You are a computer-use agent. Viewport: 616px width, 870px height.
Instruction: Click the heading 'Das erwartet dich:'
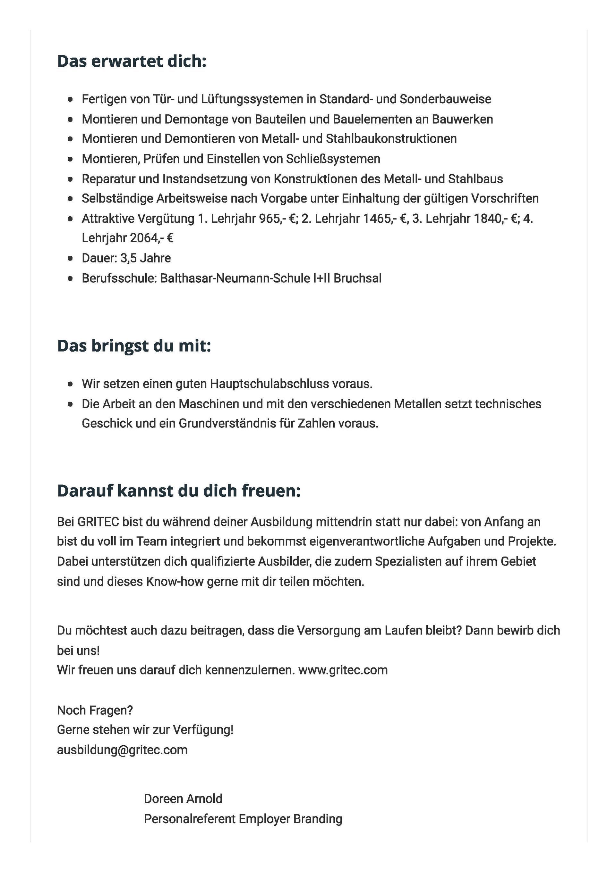(132, 62)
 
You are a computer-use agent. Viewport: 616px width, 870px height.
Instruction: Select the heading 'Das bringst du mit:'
(134, 346)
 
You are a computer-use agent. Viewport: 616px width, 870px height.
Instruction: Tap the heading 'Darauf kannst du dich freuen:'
(179, 491)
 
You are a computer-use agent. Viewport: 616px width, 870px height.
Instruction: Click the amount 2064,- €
(152, 238)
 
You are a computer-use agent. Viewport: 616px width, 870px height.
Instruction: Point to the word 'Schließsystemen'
(333, 159)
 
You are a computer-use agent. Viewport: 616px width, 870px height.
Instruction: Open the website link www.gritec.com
(343, 670)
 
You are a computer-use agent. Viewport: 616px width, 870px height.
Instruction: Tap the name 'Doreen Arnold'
(183, 799)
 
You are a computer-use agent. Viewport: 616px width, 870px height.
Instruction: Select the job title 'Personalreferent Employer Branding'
(243, 819)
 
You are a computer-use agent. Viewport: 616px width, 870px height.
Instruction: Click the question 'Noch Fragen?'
(95, 710)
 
